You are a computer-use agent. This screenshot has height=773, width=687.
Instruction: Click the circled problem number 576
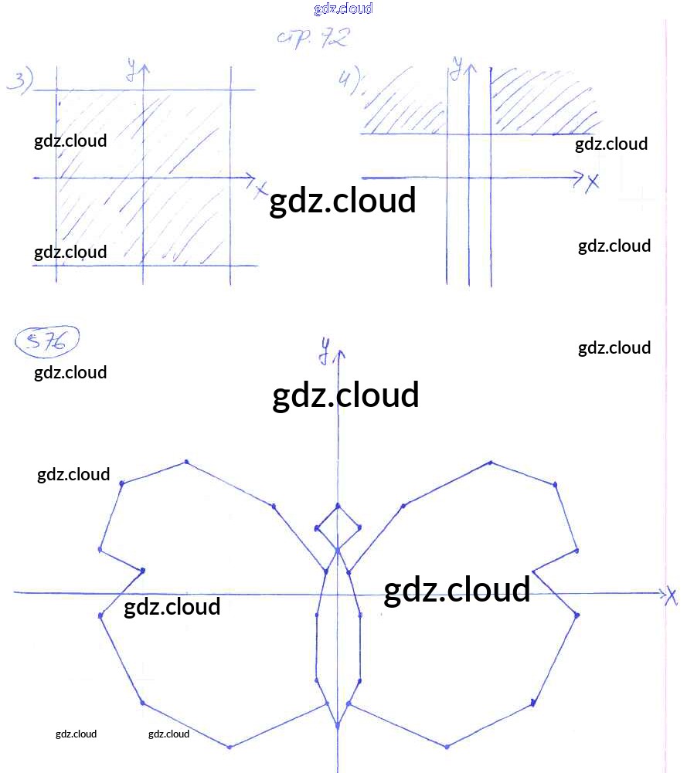coord(48,342)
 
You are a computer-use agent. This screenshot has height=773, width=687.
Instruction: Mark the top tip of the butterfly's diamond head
coord(338,506)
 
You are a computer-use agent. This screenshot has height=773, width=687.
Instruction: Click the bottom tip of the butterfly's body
coord(337,726)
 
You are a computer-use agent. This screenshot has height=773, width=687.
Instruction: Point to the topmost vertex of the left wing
coord(186,463)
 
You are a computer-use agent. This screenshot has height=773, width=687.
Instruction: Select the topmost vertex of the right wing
coord(490,463)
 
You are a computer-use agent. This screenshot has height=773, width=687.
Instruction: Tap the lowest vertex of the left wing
coord(230,747)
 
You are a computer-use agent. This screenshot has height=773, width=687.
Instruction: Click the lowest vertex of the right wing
coord(447,747)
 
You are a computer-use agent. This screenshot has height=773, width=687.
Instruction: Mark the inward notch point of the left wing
coord(143,571)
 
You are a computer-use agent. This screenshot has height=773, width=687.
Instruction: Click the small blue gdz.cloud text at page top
coord(343,8)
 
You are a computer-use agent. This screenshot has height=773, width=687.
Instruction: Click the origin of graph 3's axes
coord(144,178)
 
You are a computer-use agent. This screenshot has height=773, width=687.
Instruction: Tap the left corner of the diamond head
coord(317,528)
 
